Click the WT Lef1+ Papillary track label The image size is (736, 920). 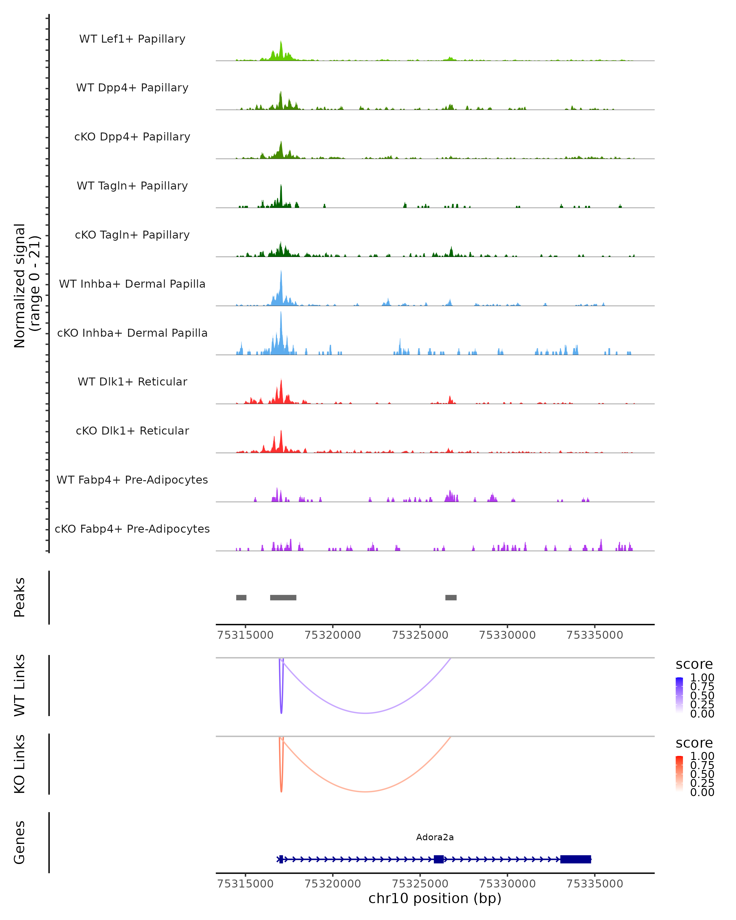coord(132,39)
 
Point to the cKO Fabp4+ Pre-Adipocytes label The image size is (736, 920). coord(132,529)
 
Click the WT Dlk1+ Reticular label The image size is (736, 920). coord(132,381)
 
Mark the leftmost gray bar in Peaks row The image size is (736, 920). coord(241,597)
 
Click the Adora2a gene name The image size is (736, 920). coord(435,837)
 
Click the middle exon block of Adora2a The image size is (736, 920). coord(438,859)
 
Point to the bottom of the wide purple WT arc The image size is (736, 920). coord(365,713)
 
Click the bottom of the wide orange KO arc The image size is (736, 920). coord(365,792)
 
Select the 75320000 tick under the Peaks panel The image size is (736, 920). coord(333,635)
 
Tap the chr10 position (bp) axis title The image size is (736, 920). coord(435,898)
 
